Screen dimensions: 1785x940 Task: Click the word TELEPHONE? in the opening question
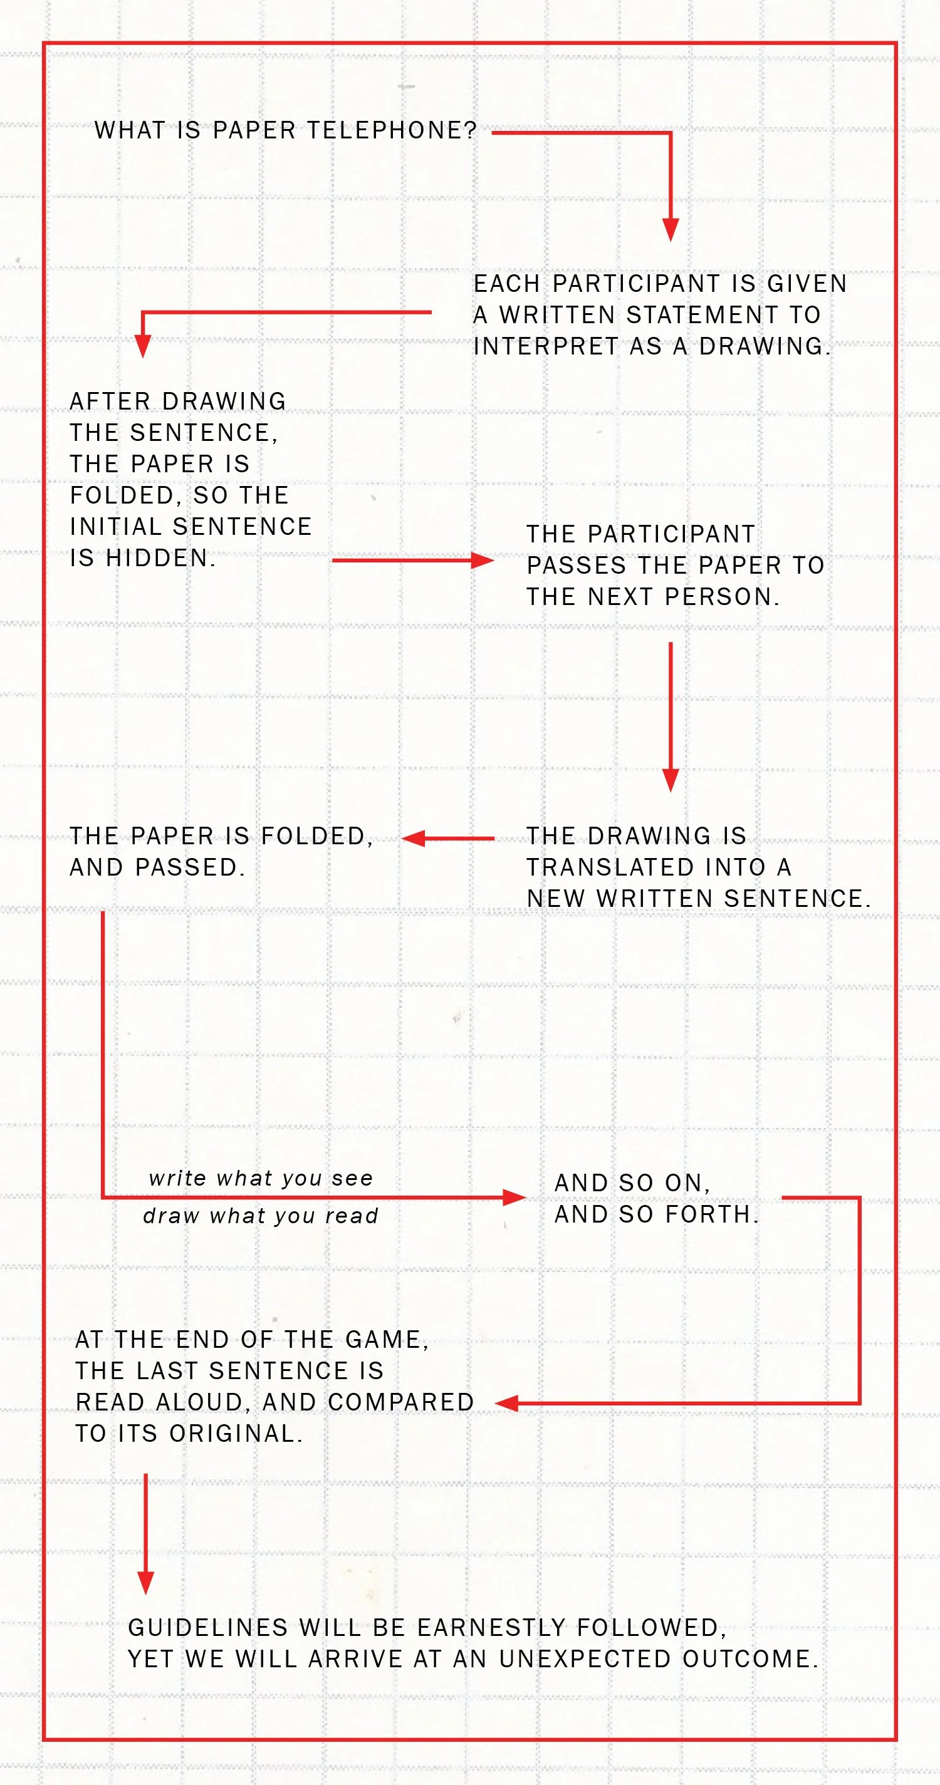coord(392,130)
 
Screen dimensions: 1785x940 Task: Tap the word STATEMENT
coord(701,315)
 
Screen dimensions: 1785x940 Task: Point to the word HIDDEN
coord(161,559)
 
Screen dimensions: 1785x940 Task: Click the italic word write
coord(177,1179)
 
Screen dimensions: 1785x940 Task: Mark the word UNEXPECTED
coord(585,1659)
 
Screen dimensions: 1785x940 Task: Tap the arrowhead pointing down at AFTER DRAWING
coord(143,346)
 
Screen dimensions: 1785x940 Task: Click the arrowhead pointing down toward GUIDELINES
coord(145,1583)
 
